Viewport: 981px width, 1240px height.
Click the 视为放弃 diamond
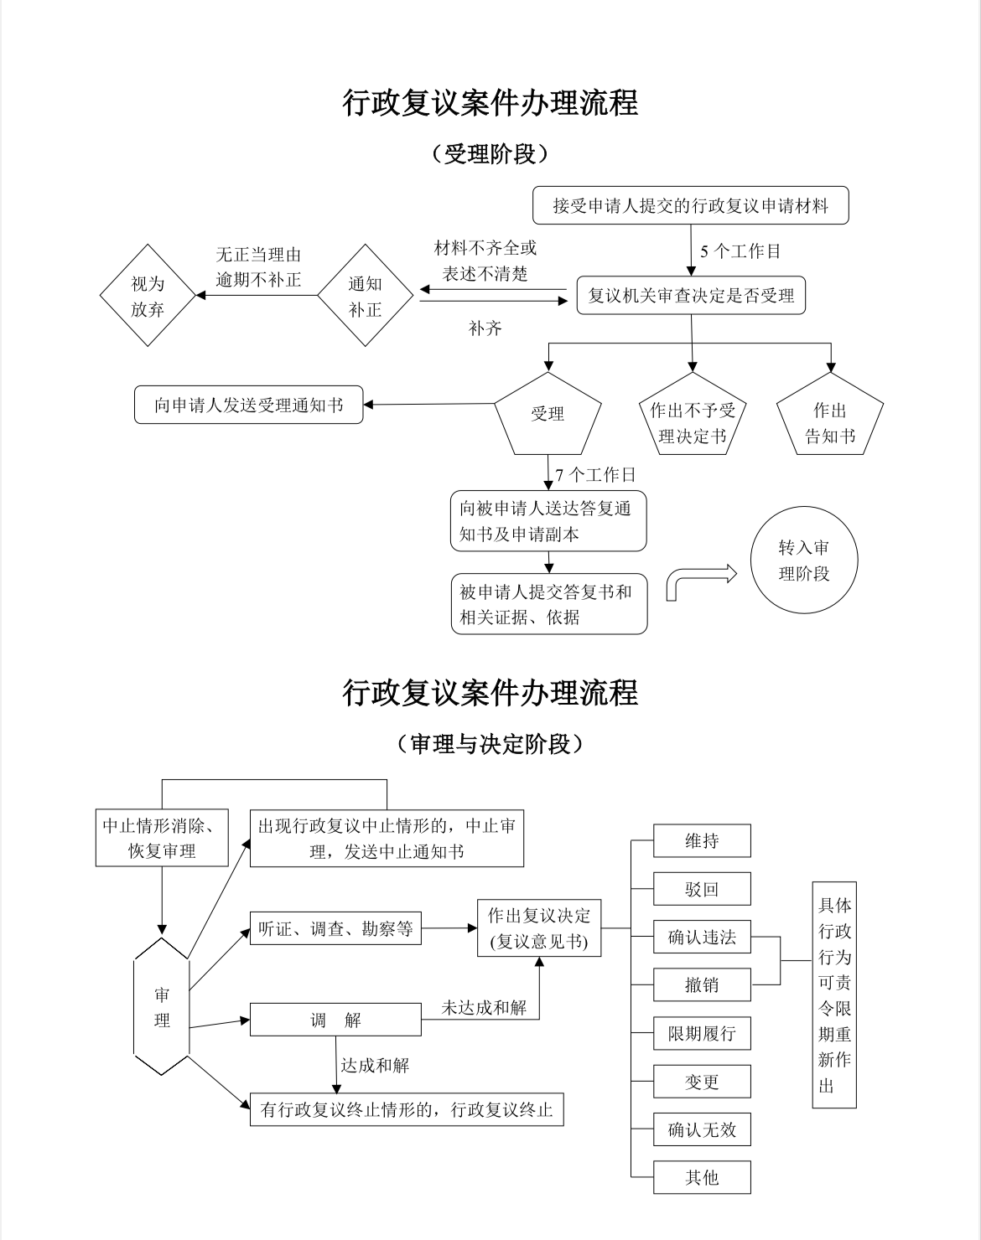(x=148, y=296)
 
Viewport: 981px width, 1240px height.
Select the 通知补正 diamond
(x=365, y=296)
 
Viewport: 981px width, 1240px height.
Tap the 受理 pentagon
(x=548, y=414)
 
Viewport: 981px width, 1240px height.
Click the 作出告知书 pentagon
(x=830, y=423)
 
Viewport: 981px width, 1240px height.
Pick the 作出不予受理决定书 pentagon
(x=693, y=423)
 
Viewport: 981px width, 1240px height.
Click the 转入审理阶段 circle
(x=803, y=561)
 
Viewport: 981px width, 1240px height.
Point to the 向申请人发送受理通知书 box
(x=249, y=406)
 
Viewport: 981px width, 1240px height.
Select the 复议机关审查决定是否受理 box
(x=691, y=296)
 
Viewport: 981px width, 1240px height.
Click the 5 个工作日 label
(x=740, y=251)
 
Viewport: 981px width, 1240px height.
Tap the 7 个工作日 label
(x=595, y=475)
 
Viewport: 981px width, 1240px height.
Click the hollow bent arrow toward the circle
(x=700, y=581)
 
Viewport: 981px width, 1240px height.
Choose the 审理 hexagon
(x=162, y=1007)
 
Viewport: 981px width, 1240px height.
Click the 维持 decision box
(x=702, y=841)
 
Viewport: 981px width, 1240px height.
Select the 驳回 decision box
(x=702, y=890)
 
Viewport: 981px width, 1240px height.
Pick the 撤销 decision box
(x=702, y=985)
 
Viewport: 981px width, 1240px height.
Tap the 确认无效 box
(x=702, y=1129)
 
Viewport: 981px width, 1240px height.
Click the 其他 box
(x=702, y=1177)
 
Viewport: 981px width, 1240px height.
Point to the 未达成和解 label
(x=485, y=1008)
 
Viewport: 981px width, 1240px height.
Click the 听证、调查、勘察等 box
(x=335, y=928)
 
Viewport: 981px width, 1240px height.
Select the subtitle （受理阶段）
(x=490, y=154)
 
